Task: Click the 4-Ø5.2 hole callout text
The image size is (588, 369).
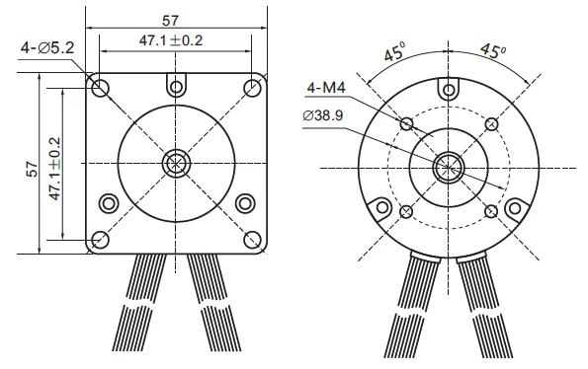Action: (x=47, y=48)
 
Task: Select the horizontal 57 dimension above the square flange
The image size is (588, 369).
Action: (x=170, y=21)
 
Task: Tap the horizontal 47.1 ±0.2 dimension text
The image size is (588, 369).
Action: (x=171, y=40)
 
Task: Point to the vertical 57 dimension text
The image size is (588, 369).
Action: (x=33, y=169)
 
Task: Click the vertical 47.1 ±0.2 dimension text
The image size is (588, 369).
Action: (x=54, y=169)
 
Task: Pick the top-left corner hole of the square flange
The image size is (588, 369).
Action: (x=100, y=89)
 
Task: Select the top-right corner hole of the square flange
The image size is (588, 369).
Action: (x=252, y=89)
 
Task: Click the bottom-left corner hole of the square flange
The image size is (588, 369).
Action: (x=100, y=240)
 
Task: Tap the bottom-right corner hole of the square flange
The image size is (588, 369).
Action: (x=252, y=240)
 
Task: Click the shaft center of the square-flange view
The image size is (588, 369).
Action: (x=176, y=164)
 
